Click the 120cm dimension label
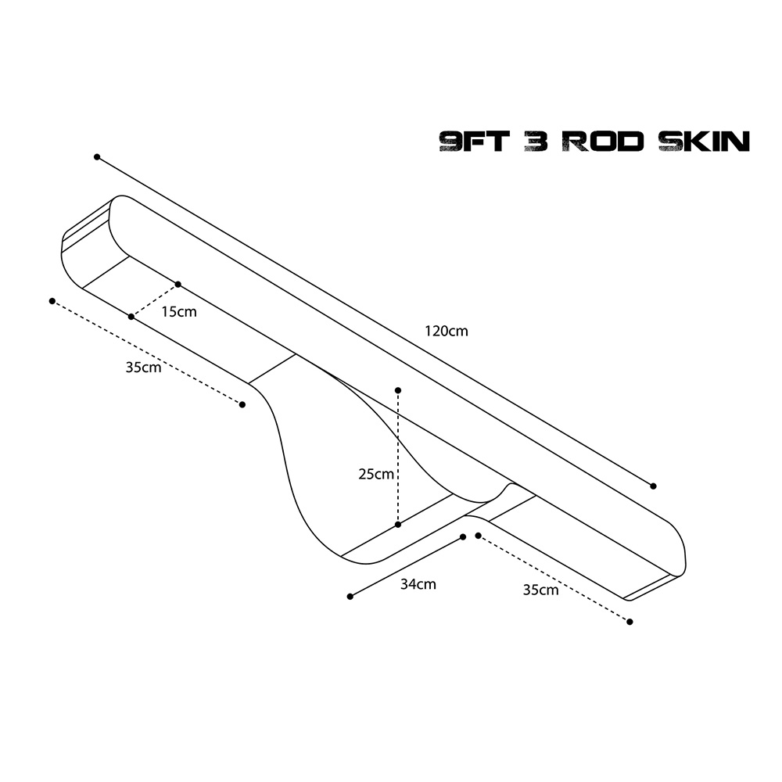point(447,331)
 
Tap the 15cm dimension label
point(179,312)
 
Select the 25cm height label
point(376,474)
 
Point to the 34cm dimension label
point(418,584)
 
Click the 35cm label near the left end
point(143,368)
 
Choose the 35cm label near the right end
point(540,590)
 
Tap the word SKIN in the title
point(704,142)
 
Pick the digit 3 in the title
point(536,142)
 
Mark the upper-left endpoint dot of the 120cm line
point(97,157)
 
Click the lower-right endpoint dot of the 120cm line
point(653,486)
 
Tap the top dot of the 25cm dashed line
point(398,390)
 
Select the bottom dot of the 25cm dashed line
point(398,524)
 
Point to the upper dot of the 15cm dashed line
point(178,285)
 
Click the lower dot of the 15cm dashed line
point(131,317)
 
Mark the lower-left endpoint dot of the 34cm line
point(350,597)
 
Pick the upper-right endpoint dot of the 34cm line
point(463,537)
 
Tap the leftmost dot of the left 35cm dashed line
point(52,301)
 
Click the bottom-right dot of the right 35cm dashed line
point(630,622)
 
